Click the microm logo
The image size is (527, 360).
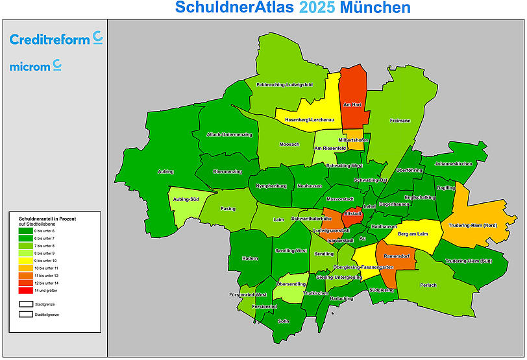click(x=36, y=66)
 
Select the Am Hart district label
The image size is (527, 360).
click(x=352, y=104)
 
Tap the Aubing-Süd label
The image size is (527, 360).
click(x=186, y=199)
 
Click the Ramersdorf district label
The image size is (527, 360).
click(x=396, y=257)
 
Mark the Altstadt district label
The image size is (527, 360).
click(x=352, y=213)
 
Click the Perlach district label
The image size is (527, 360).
click(x=428, y=285)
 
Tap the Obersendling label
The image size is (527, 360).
click(x=291, y=284)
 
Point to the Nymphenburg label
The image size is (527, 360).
click(x=271, y=186)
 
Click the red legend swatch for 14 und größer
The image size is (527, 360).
click(x=25, y=291)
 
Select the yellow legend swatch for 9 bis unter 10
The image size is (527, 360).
click(x=25, y=260)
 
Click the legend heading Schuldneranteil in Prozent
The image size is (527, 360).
click(x=47, y=219)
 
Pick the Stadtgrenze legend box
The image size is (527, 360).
click(x=25, y=304)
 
